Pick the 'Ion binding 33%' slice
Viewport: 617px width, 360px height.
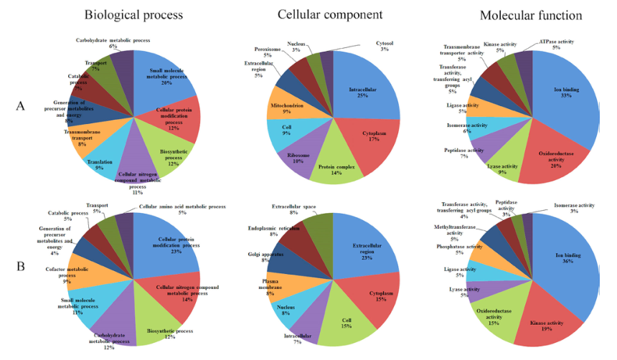567,93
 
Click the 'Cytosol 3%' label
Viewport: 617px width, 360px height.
384,45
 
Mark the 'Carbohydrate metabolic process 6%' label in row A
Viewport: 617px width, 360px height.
107,42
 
